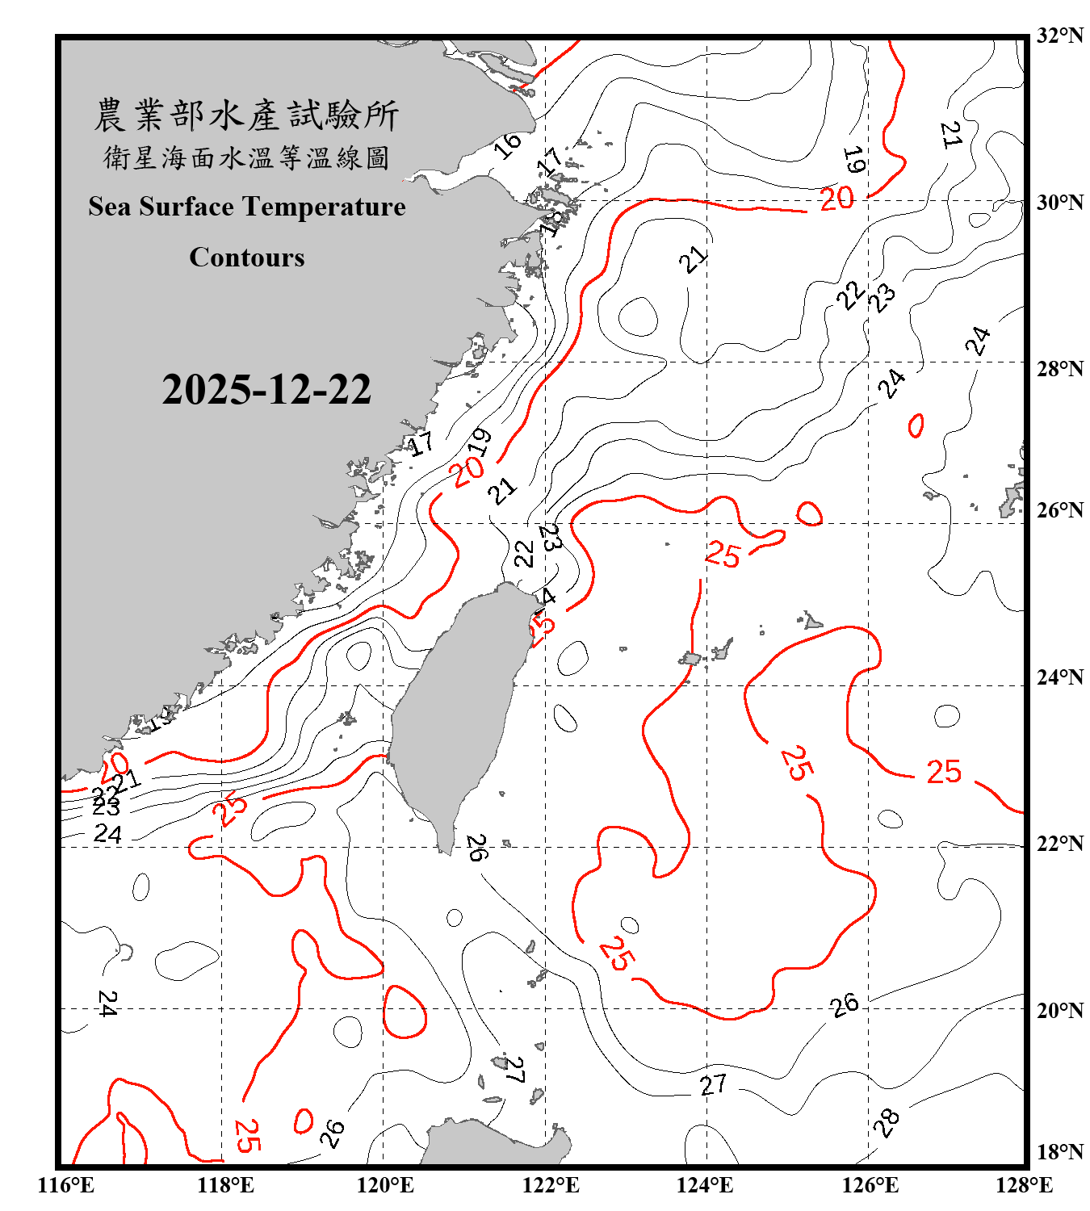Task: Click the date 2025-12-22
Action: coord(266,390)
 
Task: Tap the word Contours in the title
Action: coord(247,258)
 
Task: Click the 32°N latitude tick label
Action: coord(1059,36)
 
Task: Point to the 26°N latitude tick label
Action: coord(1059,510)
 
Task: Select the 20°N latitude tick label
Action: coord(1059,1010)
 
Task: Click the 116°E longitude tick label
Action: coord(66,1185)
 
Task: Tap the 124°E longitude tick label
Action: coord(705,1185)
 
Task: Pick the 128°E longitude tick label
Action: coord(1024,1185)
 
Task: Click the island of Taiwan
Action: coord(456,710)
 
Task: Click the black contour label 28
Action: coord(887,1121)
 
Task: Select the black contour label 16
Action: coord(508,145)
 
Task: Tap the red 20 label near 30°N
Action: coord(836,199)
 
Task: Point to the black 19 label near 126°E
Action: coord(853,160)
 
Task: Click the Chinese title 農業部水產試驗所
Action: coord(247,115)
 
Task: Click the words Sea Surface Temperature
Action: coord(247,207)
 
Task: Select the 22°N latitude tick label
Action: coord(1059,844)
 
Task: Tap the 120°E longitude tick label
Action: coord(385,1185)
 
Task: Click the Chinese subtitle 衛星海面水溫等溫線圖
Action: coord(247,157)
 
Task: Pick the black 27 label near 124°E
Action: coord(713,1084)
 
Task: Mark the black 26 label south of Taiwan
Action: coord(477,848)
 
